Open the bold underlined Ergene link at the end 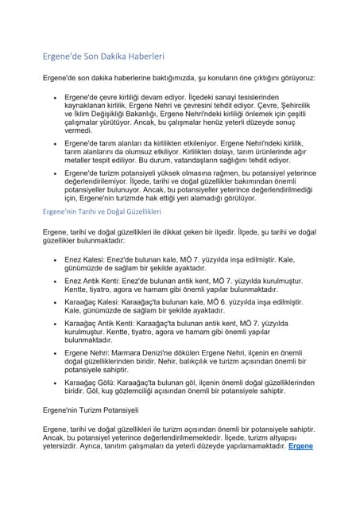point(300,445)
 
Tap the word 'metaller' point(82,159)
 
